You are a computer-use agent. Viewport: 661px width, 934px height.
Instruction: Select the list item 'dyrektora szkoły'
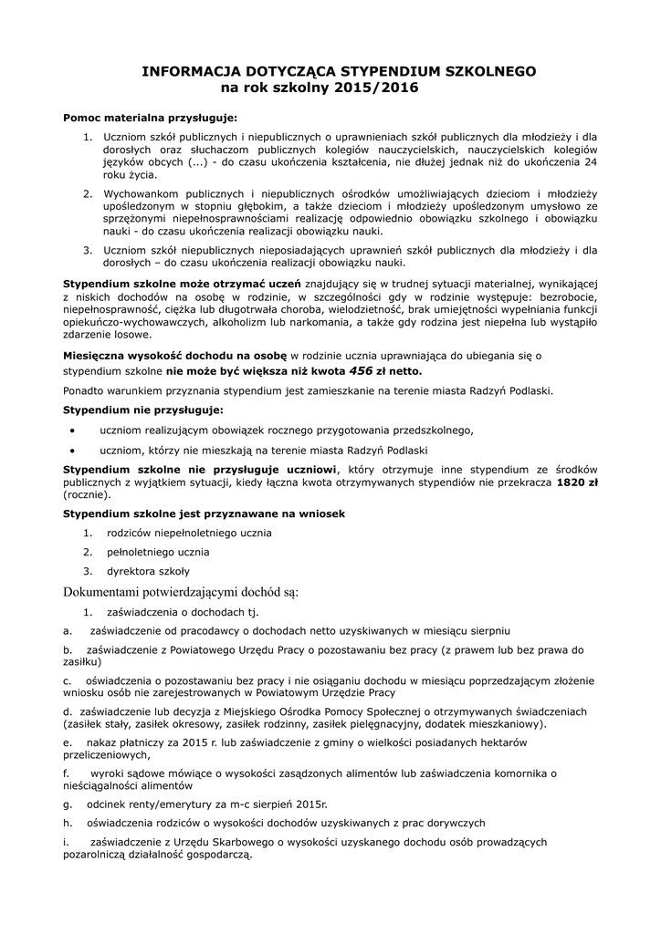(x=148, y=571)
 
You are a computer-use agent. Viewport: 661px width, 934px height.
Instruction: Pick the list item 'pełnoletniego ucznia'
(x=158, y=552)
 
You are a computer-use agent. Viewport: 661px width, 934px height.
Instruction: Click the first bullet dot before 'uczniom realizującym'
(x=73, y=430)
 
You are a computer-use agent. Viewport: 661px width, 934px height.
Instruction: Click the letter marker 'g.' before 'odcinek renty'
(x=68, y=804)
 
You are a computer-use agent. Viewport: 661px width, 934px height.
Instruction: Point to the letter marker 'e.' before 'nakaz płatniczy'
(x=68, y=743)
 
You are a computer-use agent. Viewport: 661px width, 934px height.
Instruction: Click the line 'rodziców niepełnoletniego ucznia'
(x=189, y=533)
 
